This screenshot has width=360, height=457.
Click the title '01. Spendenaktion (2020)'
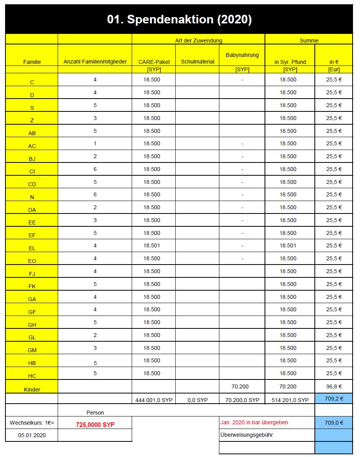(179, 19)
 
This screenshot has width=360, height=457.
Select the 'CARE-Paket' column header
(154, 62)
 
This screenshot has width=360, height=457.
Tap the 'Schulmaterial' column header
(198, 62)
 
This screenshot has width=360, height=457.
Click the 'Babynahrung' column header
(242, 55)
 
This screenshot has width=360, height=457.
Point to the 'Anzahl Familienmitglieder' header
(95, 62)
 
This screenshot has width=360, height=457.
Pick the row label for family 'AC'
(32, 146)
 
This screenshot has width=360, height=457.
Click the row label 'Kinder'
(32, 389)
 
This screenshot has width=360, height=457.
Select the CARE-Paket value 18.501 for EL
(152, 245)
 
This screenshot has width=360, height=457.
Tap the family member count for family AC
(95, 143)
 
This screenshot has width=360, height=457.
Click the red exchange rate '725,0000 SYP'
(95, 425)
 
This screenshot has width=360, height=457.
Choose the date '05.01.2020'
(32, 435)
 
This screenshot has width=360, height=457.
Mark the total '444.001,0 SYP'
(154, 400)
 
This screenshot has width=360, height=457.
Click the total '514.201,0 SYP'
(290, 400)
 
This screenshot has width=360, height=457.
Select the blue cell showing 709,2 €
(334, 399)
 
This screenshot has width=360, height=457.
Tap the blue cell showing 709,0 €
(334, 422)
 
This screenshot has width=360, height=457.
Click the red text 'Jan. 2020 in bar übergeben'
(254, 422)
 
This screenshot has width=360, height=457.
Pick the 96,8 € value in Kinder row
(334, 386)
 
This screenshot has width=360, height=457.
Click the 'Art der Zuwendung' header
(199, 40)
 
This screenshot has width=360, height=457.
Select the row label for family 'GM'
(32, 350)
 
